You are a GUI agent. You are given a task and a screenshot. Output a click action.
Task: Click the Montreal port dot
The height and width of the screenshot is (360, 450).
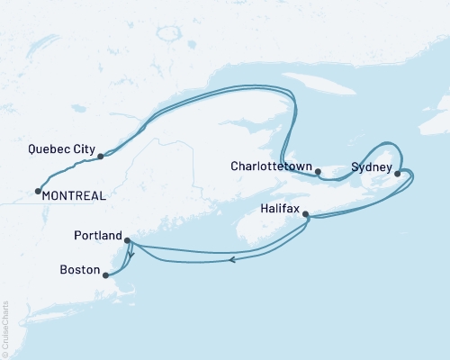[x=37, y=190]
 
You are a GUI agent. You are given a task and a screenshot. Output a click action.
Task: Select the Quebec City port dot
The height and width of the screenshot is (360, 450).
[x=100, y=156]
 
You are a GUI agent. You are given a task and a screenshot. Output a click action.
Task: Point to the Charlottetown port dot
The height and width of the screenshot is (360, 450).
[x=318, y=171]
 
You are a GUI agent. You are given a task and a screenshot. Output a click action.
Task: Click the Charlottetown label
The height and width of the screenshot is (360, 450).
[x=271, y=166]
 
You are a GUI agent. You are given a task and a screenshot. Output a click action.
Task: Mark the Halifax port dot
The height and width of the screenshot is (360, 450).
[x=306, y=214]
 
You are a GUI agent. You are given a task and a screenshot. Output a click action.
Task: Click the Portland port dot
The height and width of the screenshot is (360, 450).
[x=127, y=240]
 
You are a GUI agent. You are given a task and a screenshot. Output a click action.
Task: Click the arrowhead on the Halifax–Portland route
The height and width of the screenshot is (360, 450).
[x=232, y=260]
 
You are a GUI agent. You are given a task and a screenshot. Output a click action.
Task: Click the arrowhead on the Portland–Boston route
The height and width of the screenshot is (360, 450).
[x=131, y=256]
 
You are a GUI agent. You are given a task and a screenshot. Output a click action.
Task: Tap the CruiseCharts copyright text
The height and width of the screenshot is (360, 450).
[x=6, y=328]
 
